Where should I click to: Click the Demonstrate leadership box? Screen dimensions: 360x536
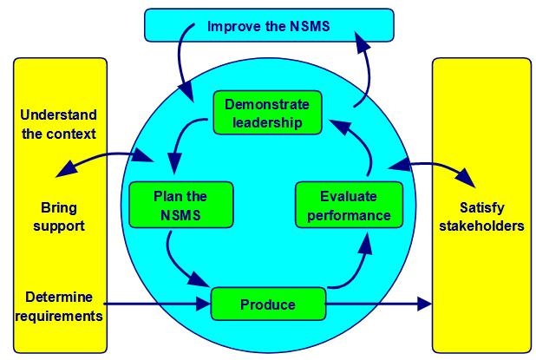(x=267, y=113)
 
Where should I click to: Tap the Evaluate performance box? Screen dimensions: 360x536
(x=349, y=205)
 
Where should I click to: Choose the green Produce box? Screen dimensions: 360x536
(x=268, y=304)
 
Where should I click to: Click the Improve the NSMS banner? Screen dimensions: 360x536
(x=268, y=26)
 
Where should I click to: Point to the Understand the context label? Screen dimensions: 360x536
(x=58, y=124)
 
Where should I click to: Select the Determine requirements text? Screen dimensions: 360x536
(x=58, y=306)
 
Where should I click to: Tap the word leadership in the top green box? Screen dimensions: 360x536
(x=266, y=122)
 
